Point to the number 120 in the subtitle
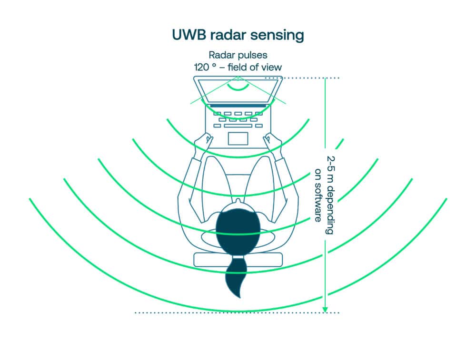point(201,67)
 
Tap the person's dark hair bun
point(238,226)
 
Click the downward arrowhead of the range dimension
point(325,309)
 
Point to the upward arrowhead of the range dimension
point(325,80)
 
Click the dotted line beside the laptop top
point(309,78)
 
